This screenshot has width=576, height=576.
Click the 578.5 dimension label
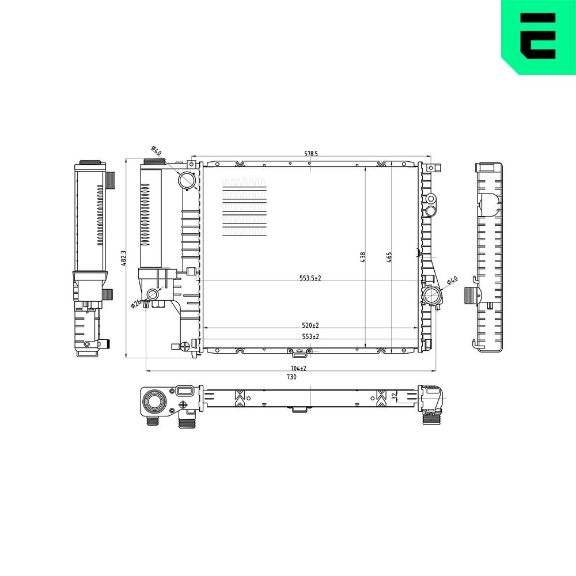coord(311,154)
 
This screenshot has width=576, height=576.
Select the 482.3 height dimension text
coord(123,258)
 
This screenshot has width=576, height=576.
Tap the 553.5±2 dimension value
coord(310,278)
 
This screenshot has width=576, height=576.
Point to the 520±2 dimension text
coord(310,325)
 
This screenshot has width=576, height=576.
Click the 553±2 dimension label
coord(310,336)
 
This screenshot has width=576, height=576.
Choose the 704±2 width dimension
coord(298,368)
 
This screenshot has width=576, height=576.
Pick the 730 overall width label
coord(291,377)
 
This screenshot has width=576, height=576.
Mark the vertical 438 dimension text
coord(362,257)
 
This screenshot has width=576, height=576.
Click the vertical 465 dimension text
coord(389,257)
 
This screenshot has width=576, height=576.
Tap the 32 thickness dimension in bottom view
coord(394,396)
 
